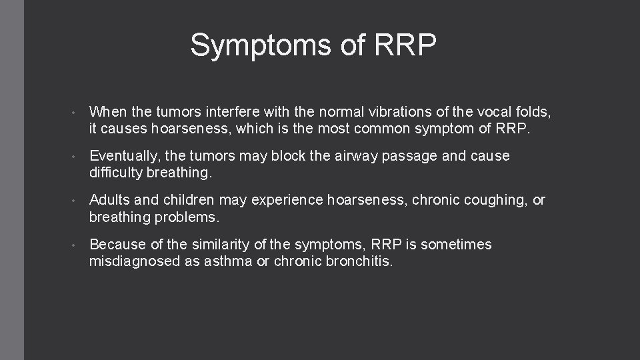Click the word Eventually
[125, 157]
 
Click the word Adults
[110, 201]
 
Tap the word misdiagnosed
[133, 261]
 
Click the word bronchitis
[359, 261]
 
